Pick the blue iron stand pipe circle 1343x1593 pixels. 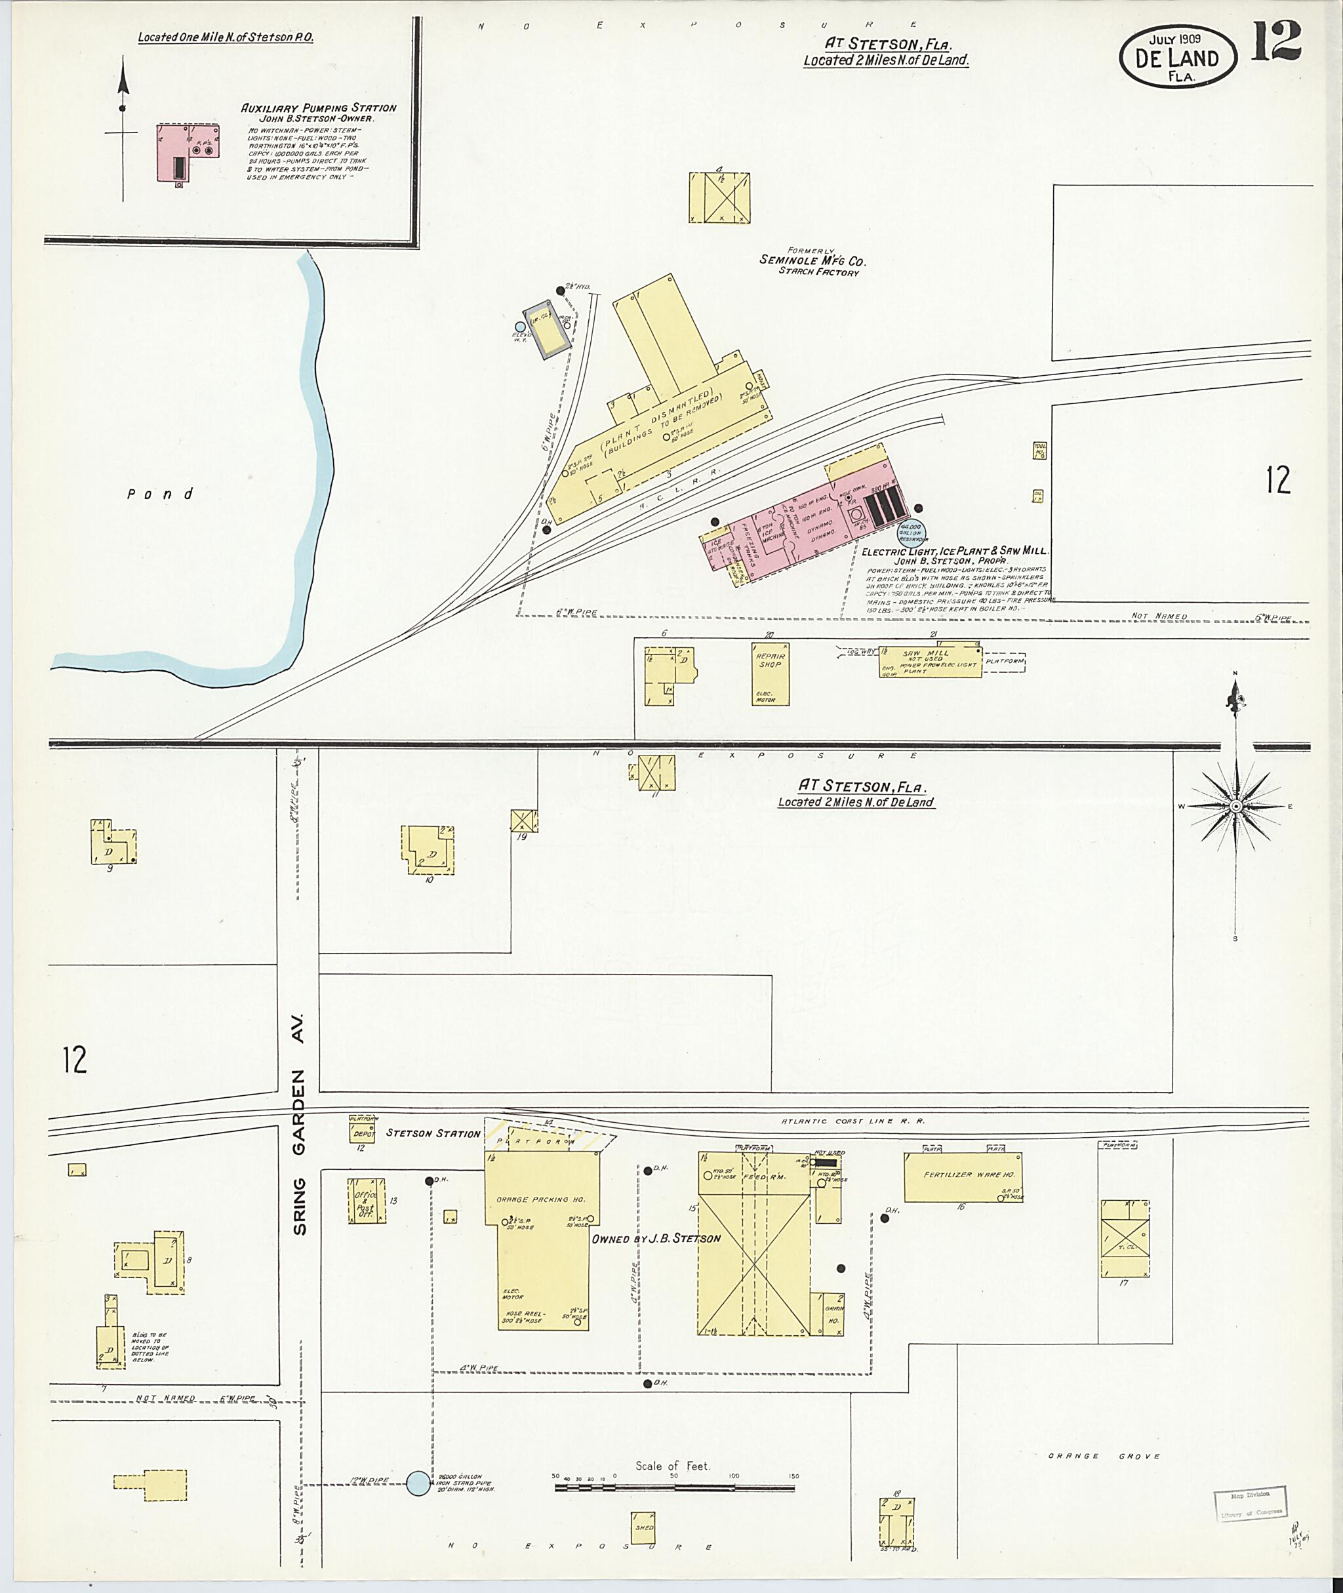click(417, 1482)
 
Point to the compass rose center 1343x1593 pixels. click(1235, 805)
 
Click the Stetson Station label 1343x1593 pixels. click(432, 1133)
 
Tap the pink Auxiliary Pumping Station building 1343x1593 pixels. click(188, 152)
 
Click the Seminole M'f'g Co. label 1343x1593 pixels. click(812, 260)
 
